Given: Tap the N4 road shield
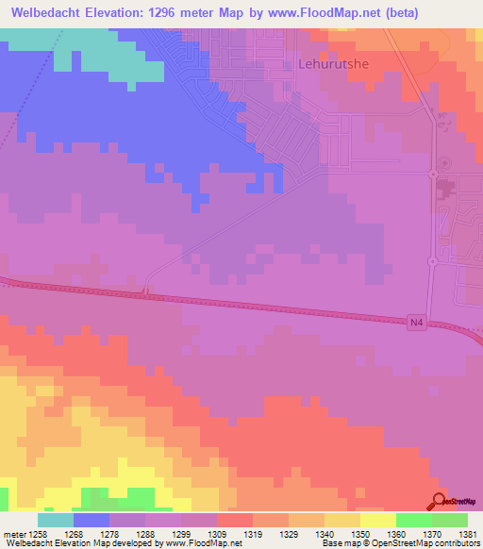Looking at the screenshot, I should coord(417,323).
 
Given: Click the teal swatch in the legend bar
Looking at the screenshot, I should coord(56,520).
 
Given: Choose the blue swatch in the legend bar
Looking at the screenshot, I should coord(92,520).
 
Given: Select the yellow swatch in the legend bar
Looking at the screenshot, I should coord(377,520).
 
